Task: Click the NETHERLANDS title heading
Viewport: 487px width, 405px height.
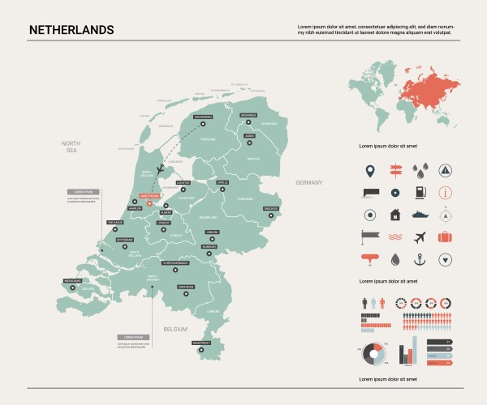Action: [x=71, y=30]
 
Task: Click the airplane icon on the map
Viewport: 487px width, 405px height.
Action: [x=161, y=168]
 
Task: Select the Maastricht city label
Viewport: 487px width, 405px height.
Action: [x=201, y=343]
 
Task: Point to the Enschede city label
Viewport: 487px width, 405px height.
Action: [x=270, y=209]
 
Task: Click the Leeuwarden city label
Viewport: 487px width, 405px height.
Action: [x=205, y=117]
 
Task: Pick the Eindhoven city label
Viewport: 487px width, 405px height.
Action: [x=186, y=286]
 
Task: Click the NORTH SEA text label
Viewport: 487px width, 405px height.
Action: [x=71, y=147]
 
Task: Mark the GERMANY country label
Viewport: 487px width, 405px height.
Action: [x=309, y=182]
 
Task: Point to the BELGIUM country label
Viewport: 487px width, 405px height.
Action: [x=175, y=329]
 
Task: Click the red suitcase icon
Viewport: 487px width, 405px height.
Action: [x=445, y=237]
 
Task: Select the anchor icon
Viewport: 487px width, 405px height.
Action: [x=420, y=259]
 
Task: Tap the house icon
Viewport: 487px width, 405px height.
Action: [x=394, y=215]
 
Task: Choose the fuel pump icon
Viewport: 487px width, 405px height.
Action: [x=420, y=193]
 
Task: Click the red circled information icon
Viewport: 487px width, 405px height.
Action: [x=445, y=193]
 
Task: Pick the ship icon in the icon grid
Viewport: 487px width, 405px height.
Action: [x=420, y=215]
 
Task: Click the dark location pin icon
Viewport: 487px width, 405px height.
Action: [x=369, y=171]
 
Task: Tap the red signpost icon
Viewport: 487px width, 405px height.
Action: [x=394, y=170]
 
